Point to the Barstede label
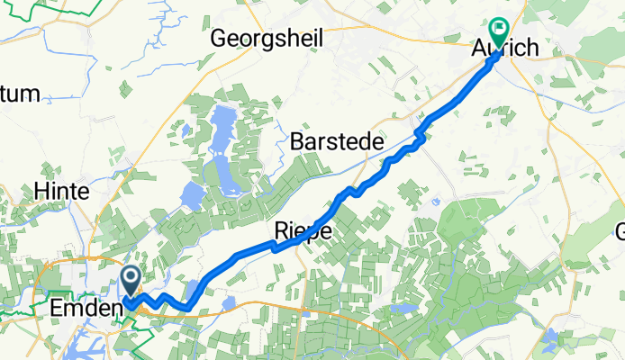[337, 142]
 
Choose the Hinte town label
[60, 191]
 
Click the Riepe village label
[302, 232]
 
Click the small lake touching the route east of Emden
[228, 301]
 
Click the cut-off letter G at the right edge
[620, 232]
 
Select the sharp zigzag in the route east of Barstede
[417, 136]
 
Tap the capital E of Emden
[42, 309]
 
